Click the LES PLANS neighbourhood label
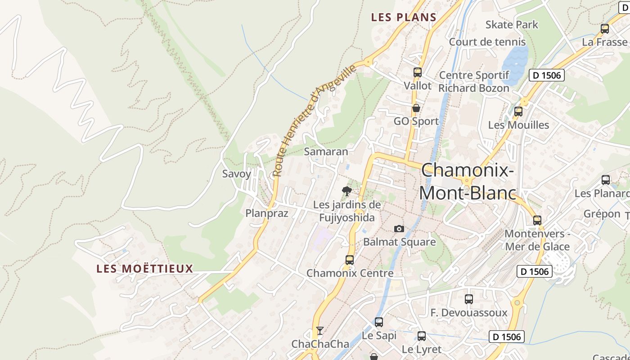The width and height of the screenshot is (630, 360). pyautogui.click(x=404, y=18)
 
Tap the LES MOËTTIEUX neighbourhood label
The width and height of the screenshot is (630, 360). pyautogui.click(x=144, y=269)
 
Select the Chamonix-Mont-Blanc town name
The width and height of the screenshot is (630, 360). pyautogui.click(x=468, y=181)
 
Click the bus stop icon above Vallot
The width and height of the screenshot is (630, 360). pyautogui.click(x=417, y=72)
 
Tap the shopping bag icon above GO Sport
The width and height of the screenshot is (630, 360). pyautogui.click(x=416, y=108)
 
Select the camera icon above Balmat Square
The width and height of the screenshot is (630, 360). pyautogui.click(x=399, y=229)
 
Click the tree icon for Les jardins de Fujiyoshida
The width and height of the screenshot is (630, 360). pyautogui.click(x=346, y=191)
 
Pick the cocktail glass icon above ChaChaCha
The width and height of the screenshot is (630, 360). pyautogui.click(x=319, y=331)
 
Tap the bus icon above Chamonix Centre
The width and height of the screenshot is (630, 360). pyautogui.click(x=350, y=260)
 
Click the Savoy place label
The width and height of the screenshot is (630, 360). pyautogui.click(x=237, y=174)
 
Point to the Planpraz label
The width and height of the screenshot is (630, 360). pyautogui.click(x=267, y=213)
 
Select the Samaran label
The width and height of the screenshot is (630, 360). pyautogui.click(x=326, y=152)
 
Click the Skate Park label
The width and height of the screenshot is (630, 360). pyautogui.click(x=512, y=24)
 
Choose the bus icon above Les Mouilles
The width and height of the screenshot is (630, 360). pyautogui.click(x=518, y=112)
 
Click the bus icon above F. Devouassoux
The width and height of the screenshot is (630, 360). pyautogui.click(x=469, y=299)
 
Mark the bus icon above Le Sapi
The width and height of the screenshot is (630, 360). pyautogui.click(x=379, y=322)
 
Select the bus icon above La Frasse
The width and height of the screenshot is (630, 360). pyautogui.click(x=605, y=29)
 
